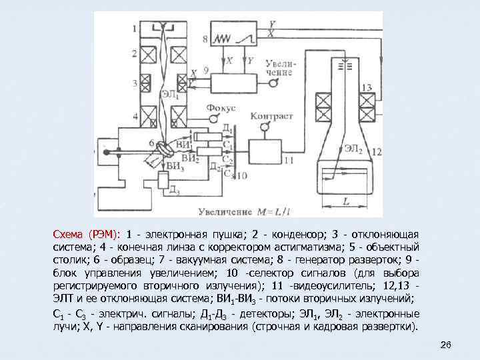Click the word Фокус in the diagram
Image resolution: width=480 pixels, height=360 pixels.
coord(220,107)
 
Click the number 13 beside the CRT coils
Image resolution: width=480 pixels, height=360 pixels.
coord(366,89)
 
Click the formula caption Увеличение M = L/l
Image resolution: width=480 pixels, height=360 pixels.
coord(244,212)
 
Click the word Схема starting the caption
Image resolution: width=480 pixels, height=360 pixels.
coord(70,235)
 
